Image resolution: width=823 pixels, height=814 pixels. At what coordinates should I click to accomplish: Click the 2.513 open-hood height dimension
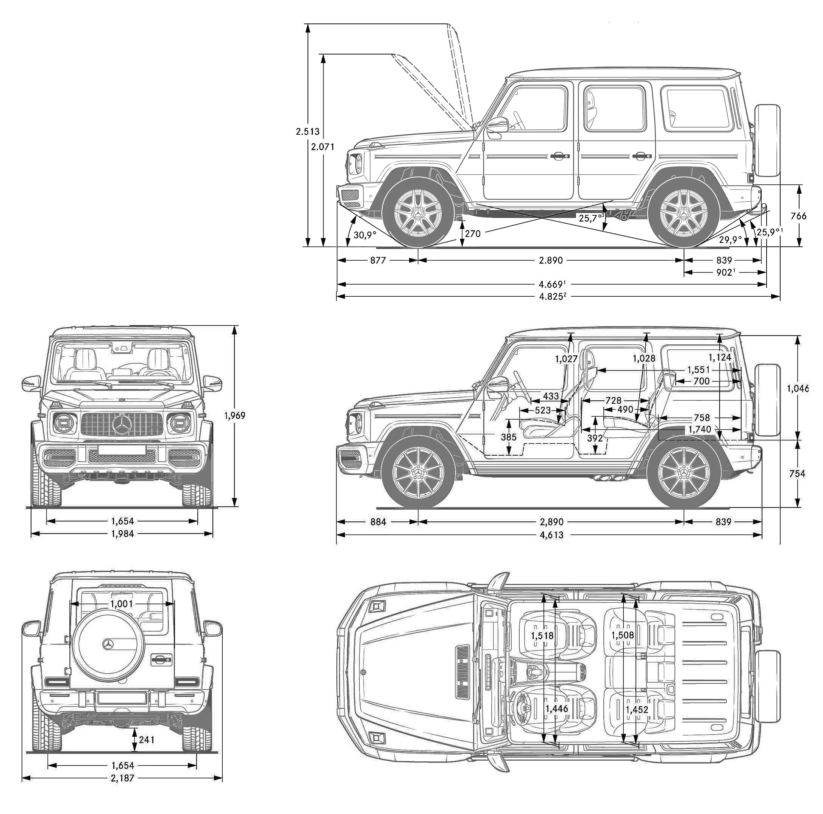pos(308,132)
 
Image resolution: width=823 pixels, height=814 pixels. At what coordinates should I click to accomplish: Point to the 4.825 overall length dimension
pos(552,297)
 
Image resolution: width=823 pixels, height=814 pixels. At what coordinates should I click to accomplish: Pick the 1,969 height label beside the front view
pos(235,416)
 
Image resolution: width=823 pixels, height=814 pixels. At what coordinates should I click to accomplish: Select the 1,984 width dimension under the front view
pos(122,534)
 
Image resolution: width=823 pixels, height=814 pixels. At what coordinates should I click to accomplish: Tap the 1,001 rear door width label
pos(122,604)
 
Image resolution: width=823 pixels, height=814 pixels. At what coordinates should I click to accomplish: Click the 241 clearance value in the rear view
pos(146,739)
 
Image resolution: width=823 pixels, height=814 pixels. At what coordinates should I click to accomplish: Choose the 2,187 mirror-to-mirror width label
pos(122,778)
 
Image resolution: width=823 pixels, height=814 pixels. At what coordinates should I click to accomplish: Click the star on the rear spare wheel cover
pos(108,644)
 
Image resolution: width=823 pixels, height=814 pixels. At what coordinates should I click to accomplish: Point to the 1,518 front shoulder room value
pos(542,636)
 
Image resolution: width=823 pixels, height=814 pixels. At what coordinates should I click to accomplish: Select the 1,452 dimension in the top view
pos(637,710)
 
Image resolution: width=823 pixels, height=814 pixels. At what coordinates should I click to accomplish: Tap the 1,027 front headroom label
pos(566,359)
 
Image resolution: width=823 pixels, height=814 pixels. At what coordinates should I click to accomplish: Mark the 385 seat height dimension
pos(508,437)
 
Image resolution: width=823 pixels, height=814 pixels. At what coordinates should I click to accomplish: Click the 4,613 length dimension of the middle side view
pos(552,535)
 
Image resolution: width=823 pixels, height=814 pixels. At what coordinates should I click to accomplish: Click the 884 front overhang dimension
pos(378,522)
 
